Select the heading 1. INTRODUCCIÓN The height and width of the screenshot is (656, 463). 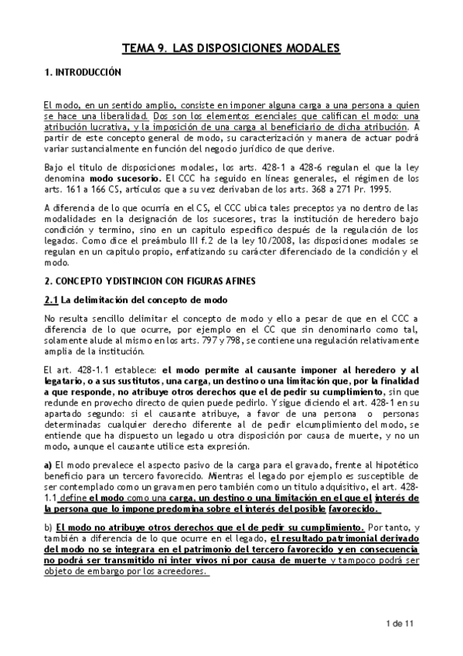[x=83, y=72]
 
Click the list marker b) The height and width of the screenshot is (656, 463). [x=49, y=527]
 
